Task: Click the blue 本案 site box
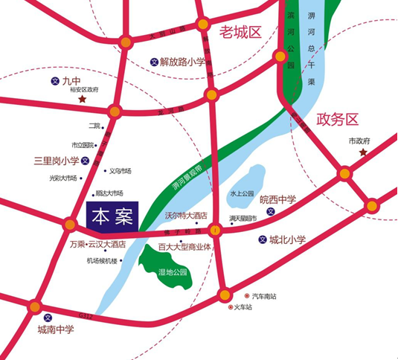pyautogui.click(x=113, y=216)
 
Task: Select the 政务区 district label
pyautogui.click(x=337, y=119)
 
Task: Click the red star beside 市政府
pyautogui.click(x=363, y=152)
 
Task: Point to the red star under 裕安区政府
pyautogui.click(x=83, y=99)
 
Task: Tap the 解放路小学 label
pyautogui.click(x=183, y=62)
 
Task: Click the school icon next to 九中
pyautogui.click(x=54, y=80)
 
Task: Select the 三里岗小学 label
pyautogui.click(x=55, y=160)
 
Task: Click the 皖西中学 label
pyautogui.click(x=277, y=199)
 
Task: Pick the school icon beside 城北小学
pyautogui.click(x=263, y=240)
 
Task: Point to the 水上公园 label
pyautogui.click(x=242, y=192)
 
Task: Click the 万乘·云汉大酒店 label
pyautogui.click(x=97, y=244)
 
